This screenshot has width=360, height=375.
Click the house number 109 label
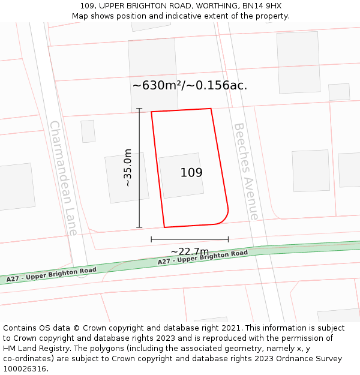coord(191,173)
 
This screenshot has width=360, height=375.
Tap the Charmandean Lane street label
coord(63,178)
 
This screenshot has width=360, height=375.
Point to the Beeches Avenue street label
coord(246,172)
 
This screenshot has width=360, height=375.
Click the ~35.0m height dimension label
coord(128,168)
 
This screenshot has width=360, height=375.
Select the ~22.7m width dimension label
coord(190,251)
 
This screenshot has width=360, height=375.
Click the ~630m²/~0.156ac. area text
coord(190,85)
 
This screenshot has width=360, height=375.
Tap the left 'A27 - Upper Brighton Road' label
coord(51,275)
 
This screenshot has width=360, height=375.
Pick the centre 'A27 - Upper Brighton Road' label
coord(202,257)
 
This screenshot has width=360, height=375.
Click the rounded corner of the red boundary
coord(223,218)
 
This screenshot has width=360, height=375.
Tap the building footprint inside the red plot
coord(181,175)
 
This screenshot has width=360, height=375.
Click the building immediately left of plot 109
coord(127,178)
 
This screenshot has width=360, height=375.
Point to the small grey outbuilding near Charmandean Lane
coord(88,131)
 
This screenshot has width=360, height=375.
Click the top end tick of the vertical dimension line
coord(139,109)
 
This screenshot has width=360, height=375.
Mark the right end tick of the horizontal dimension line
coord(228,239)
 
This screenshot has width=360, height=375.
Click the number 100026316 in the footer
coord(25,369)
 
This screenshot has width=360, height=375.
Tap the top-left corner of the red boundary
coord(151,112)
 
